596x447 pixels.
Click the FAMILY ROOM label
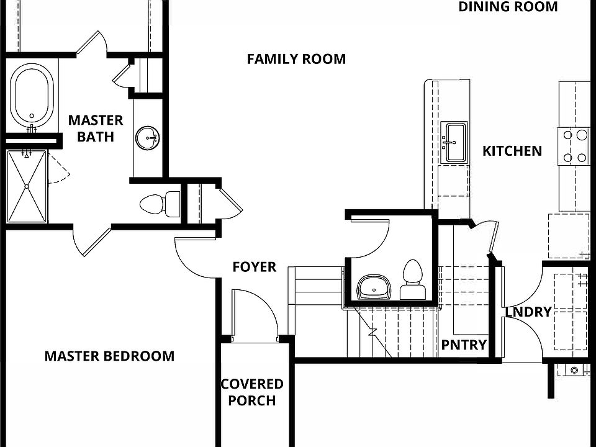tap(296, 59)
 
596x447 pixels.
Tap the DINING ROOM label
tap(508, 7)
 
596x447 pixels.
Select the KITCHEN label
tap(512, 151)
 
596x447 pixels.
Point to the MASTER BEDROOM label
tap(109, 356)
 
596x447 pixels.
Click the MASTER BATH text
tap(96, 128)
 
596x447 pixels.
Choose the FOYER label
tap(254, 267)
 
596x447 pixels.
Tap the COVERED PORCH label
tap(252, 392)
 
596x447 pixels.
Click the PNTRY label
tap(463, 345)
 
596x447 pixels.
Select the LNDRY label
tap(528, 312)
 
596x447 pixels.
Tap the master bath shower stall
tap(27, 186)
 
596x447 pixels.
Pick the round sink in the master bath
tap(148, 138)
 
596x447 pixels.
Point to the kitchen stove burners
tap(575, 146)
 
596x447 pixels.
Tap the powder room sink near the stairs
tap(374, 287)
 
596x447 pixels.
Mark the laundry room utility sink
tap(574, 370)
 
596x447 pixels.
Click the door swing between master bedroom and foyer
tap(196, 258)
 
